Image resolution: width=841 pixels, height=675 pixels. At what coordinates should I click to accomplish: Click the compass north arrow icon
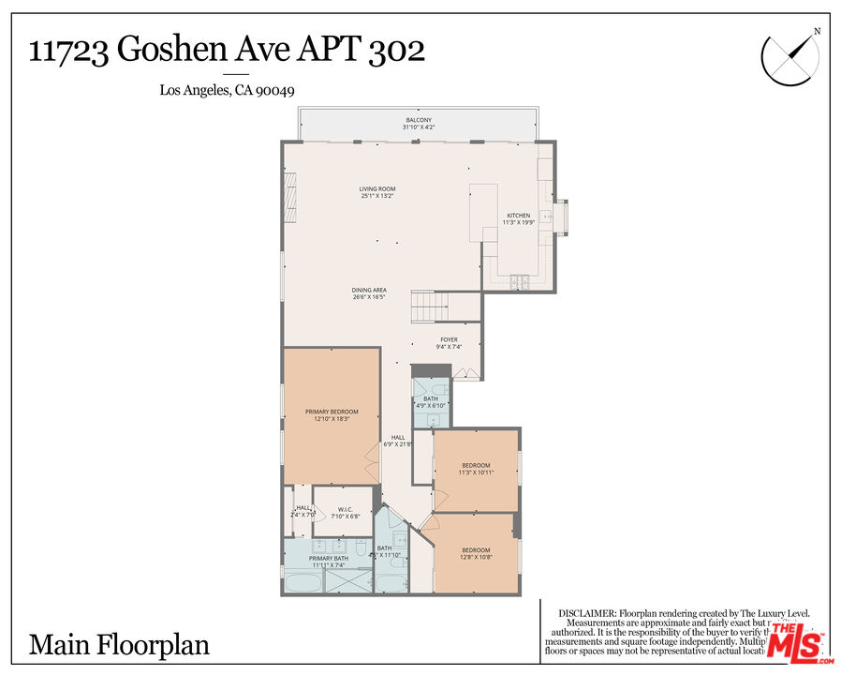point(789,57)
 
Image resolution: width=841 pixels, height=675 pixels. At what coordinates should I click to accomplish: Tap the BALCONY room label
point(418,120)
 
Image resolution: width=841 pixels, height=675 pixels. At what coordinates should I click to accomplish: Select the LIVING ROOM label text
point(377,189)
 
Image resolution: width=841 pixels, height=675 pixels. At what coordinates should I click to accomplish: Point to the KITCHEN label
point(519,215)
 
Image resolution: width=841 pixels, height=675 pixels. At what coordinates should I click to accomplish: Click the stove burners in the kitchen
point(520,281)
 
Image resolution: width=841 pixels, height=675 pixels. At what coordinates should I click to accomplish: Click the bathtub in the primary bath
point(302,583)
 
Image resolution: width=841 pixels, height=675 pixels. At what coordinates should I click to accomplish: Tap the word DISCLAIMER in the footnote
point(586,611)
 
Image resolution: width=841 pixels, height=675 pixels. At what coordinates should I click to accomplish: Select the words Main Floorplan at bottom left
point(119,645)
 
